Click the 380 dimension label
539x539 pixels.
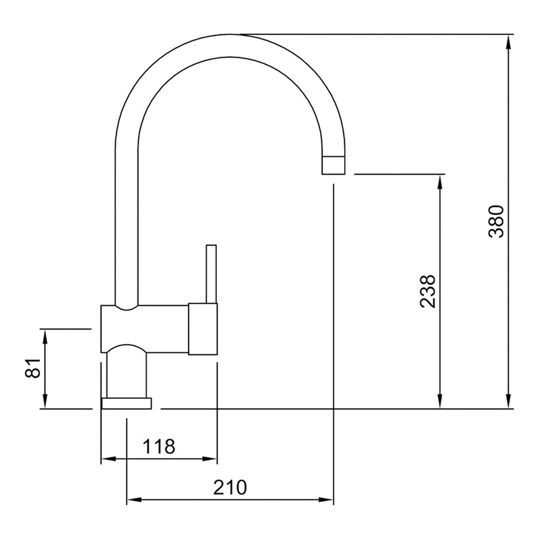[x=497, y=222]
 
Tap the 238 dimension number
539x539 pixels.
[x=429, y=292]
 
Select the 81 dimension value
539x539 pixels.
[x=33, y=368]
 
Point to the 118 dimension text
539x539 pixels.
[x=159, y=447]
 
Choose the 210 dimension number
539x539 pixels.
[x=230, y=487]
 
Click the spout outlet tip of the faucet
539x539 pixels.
[x=333, y=165]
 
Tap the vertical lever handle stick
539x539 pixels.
[x=211, y=274]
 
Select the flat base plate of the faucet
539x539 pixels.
[x=127, y=404]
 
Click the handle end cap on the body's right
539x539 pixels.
[x=203, y=329]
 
